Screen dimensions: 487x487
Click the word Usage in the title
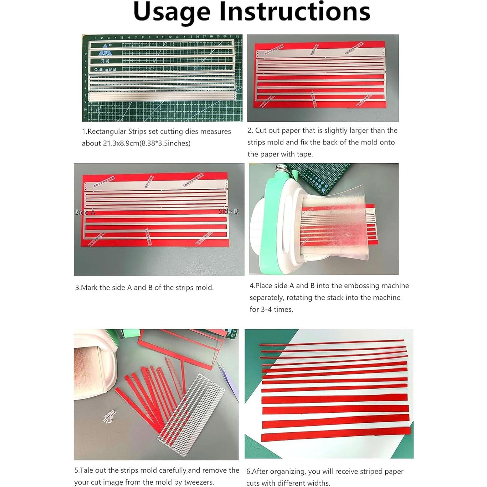(x=172, y=12)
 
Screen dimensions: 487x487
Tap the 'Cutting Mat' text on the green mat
(x=105, y=69)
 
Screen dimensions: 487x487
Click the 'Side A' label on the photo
(x=85, y=212)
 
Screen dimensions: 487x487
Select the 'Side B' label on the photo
(x=229, y=211)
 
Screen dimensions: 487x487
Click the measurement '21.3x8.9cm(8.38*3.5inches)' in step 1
(x=146, y=143)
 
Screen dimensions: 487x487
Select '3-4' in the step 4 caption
(x=267, y=309)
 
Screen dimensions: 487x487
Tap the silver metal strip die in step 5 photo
(x=192, y=412)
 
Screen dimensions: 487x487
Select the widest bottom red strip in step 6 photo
(x=336, y=434)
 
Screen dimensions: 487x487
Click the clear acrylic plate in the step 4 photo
(x=334, y=227)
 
